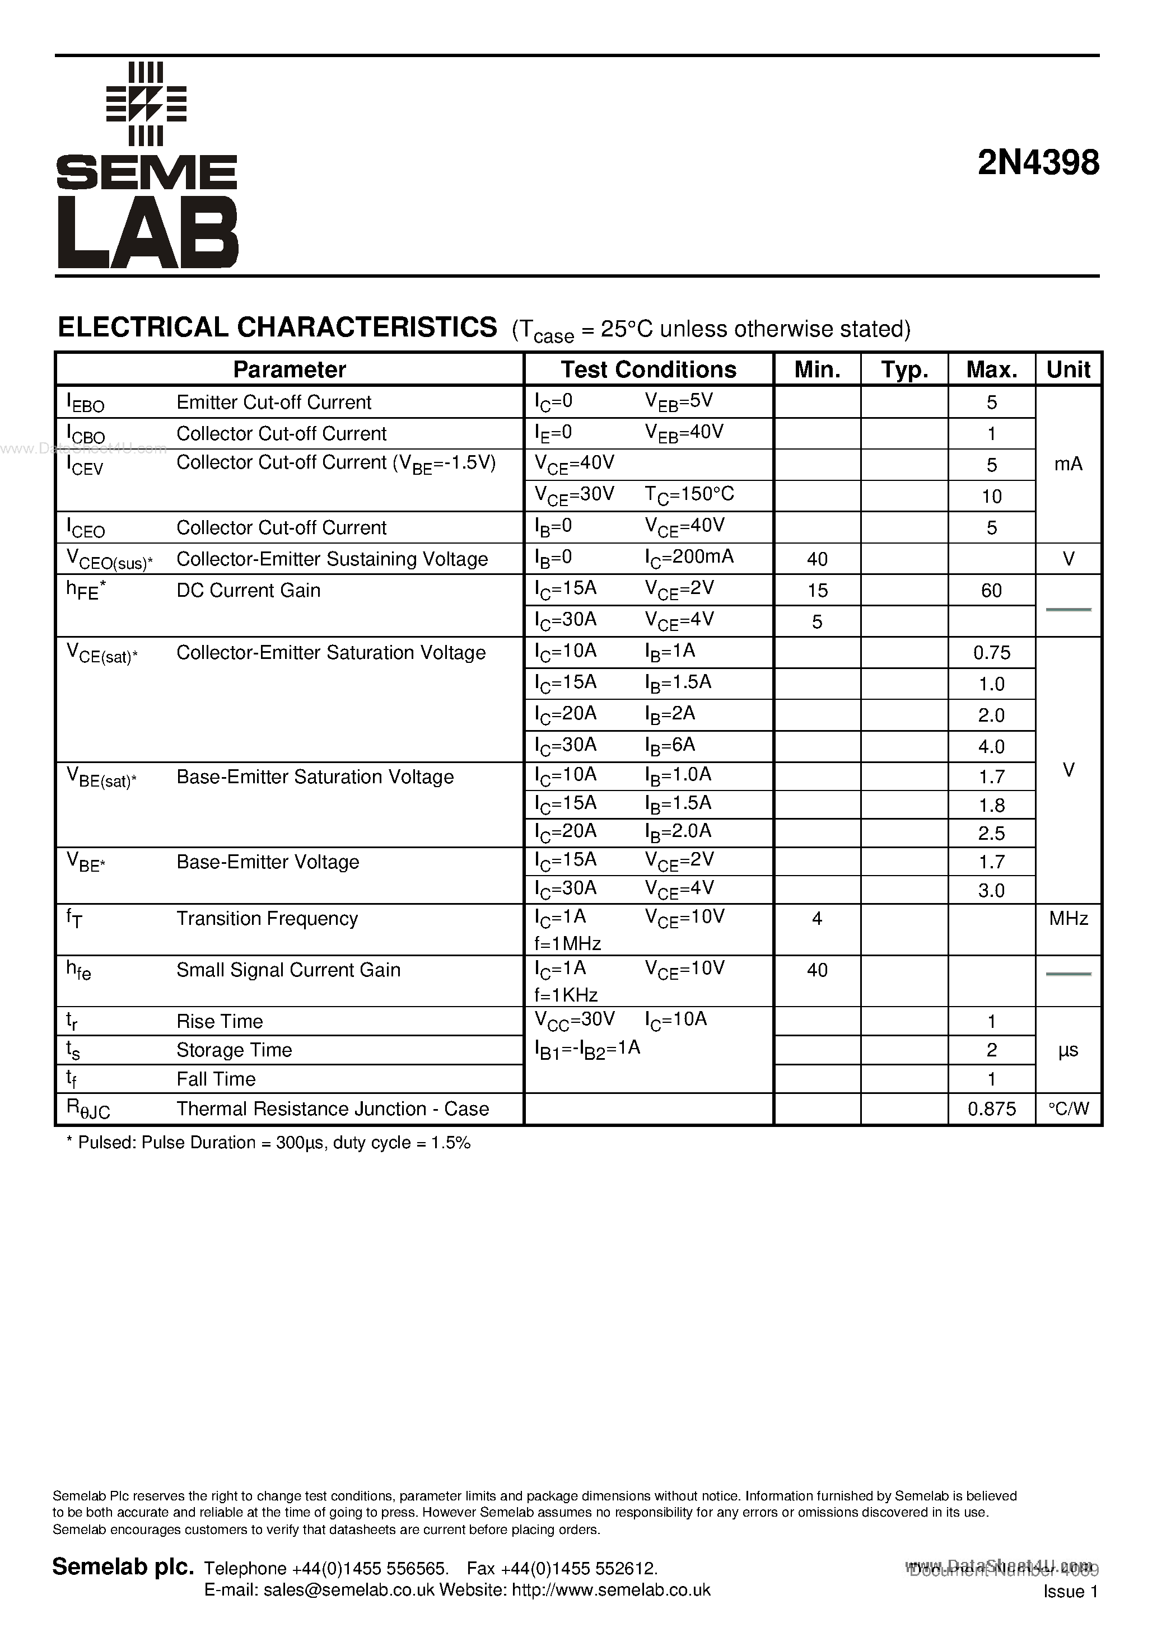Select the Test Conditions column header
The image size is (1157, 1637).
pos(649,370)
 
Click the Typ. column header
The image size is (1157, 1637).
pos(904,370)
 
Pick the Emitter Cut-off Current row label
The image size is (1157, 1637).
pos(274,402)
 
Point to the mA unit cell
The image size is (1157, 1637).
pos(1068,464)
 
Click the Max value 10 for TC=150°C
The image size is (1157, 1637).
pos(991,496)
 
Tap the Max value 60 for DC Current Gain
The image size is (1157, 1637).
pos(991,590)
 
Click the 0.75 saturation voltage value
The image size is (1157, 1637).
pos(991,652)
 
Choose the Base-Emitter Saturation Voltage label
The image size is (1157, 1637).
pos(315,777)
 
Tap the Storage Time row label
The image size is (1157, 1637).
pos(234,1050)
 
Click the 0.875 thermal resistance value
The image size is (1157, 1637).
pos(991,1109)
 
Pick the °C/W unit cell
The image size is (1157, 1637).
pos(1068,1109)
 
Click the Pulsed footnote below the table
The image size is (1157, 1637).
pos(268,1143)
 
